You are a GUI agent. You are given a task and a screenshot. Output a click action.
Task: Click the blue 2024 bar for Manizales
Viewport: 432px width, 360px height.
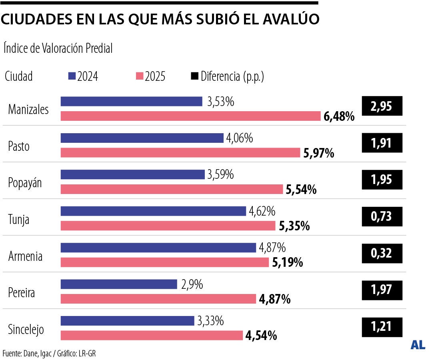131,102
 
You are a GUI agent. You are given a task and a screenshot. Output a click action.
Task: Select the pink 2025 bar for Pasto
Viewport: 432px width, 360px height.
180,153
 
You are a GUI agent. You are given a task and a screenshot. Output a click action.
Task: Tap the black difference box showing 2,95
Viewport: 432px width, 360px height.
382,106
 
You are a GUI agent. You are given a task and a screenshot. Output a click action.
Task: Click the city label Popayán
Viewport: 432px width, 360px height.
25,183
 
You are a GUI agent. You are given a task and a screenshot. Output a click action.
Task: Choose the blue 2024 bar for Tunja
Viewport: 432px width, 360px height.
153,211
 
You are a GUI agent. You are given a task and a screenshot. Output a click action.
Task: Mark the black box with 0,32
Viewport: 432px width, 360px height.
382,253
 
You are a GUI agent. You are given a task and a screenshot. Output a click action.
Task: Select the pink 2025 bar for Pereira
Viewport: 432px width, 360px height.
158,299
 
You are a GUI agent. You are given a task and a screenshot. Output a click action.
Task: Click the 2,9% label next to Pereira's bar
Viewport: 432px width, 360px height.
192,285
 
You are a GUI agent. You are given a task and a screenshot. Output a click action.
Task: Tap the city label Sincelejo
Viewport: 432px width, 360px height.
26,330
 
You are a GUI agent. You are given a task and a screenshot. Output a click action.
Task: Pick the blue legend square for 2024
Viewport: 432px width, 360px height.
72,76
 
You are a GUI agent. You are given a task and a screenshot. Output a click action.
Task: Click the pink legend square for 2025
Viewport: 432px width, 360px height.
140,76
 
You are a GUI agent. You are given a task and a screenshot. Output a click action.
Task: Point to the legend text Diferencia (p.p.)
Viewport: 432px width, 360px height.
232,76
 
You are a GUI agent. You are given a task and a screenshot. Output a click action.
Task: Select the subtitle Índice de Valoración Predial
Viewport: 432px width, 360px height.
58,48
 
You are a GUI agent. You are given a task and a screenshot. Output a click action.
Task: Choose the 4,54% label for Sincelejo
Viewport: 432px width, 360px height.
261,336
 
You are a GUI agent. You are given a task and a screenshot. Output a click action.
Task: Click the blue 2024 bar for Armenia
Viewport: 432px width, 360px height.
158,248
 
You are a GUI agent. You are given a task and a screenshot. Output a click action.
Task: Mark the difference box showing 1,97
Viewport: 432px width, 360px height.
382,289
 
